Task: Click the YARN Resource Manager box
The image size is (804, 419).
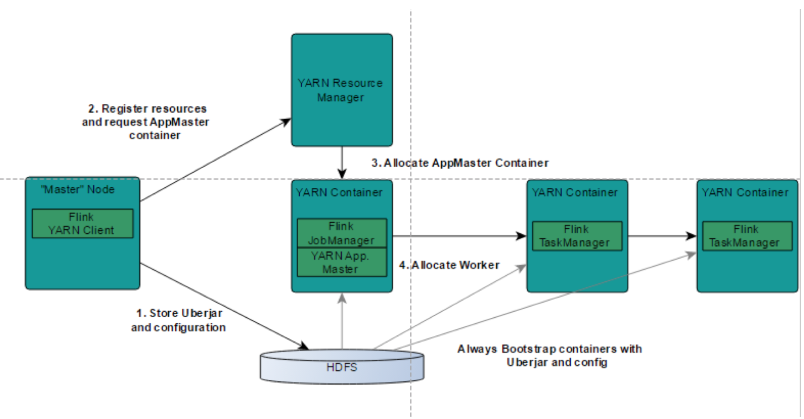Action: [342, 90]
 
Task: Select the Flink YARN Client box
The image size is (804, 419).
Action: [82, 224]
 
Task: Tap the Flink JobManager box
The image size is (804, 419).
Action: [342, 233]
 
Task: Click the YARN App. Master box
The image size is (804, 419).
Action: [342, 262]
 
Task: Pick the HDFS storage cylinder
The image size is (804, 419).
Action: [342, 367]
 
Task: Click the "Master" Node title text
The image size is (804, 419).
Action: [78, 189]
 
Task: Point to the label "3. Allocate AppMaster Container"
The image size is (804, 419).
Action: [460, 163]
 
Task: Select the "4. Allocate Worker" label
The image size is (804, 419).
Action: [449, 265]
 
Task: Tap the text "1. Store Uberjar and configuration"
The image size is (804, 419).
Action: [179, 320]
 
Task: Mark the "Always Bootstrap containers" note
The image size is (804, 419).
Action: [550, 356]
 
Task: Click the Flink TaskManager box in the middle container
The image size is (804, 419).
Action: [577, 236]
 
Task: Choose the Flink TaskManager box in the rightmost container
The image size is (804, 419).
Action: [747, 236]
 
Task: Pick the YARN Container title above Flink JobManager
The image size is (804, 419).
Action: [339, 192]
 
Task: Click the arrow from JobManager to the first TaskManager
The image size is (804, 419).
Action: [458, 236]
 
